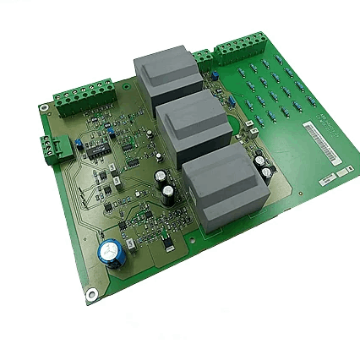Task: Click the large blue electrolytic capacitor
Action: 112,252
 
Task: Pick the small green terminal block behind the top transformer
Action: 202,58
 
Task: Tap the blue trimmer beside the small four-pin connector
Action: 74,142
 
